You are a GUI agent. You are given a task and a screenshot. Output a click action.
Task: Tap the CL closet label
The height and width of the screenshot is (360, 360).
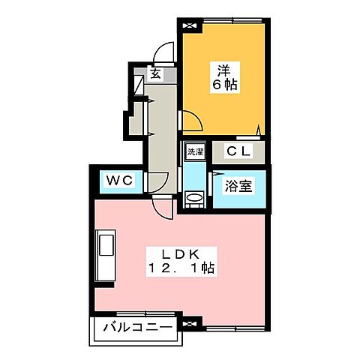click(238, 151)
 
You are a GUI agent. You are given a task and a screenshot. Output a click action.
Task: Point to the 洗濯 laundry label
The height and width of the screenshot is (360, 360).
click(195, 151)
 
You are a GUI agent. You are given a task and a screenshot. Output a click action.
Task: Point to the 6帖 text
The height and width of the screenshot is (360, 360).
click(224, 85)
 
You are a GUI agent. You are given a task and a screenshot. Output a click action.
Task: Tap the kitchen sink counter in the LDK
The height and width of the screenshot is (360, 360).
click(104, 255)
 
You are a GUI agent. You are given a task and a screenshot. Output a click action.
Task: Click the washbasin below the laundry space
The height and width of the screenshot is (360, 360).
click(193, 199)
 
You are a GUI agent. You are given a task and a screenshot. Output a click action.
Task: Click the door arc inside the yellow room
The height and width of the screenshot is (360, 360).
click(190, 119)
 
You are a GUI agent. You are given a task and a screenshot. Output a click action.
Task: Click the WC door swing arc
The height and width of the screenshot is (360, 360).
click(157, 181)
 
